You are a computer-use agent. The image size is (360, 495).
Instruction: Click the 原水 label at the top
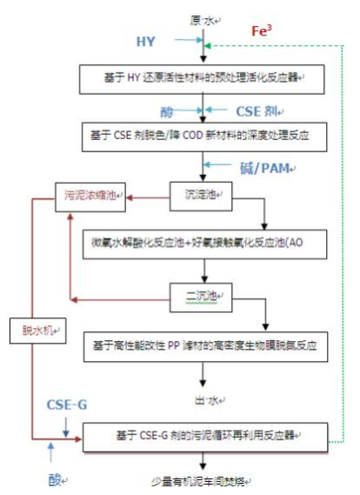[202, 18]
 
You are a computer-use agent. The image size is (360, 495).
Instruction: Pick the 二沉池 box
[203, 294]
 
